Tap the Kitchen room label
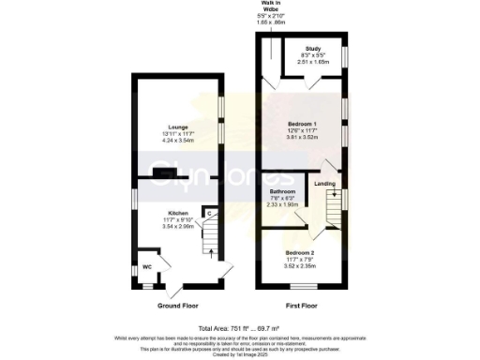(178, 213)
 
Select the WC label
(147, 266)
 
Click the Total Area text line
(240, 326)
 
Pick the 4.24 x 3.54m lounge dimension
(178, 142)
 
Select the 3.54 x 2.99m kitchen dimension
(178, 227)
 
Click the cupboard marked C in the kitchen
(211, 215)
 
